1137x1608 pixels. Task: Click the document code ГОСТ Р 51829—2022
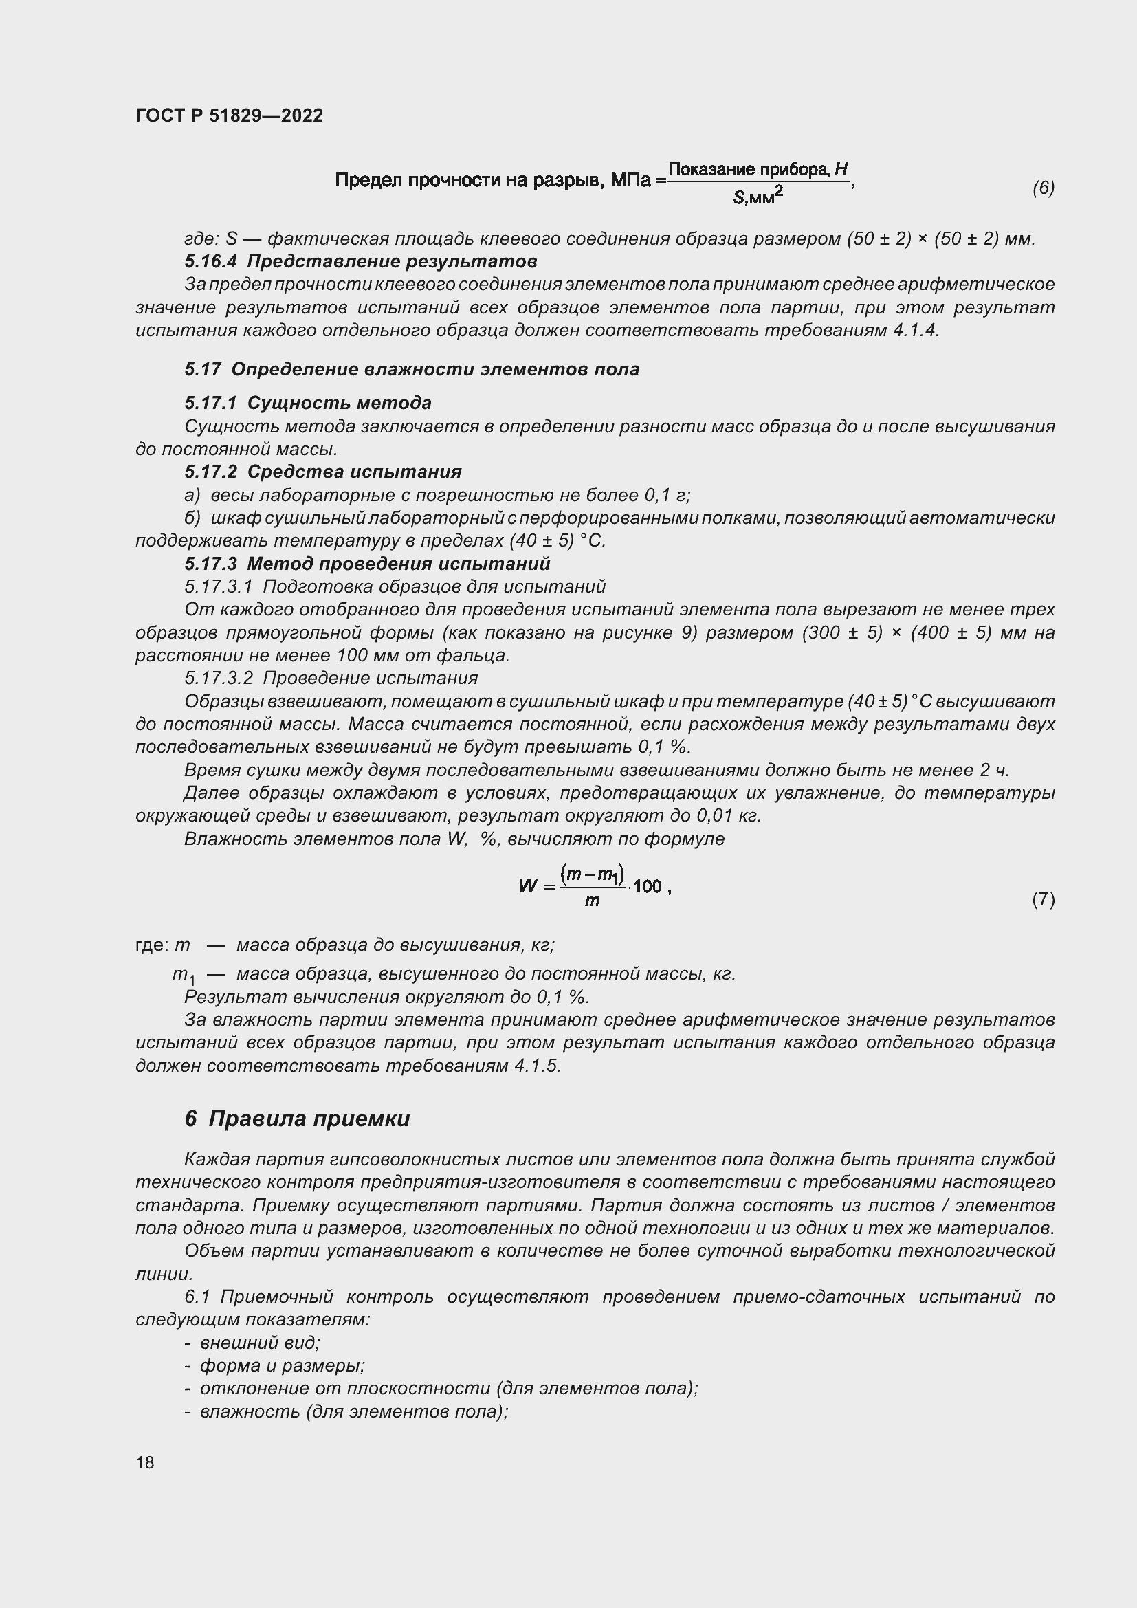coord(229,115)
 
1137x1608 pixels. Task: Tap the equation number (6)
coord(1043,188)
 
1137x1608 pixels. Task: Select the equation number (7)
coord(1043,899)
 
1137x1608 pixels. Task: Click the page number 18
coord(145,1462)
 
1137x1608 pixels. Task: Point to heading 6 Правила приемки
coord(297,1119)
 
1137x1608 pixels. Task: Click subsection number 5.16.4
coord(211,261)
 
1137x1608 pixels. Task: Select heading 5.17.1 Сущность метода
coord(308,403)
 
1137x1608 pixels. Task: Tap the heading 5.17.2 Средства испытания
coord(323,472)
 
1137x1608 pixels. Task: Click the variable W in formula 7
coord(528,886)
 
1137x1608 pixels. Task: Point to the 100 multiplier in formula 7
coord(647,887)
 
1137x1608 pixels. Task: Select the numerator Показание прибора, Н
coord(758,170)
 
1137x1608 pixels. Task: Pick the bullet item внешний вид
coord(259,1343)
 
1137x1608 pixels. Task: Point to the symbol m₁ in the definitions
coord(184,975)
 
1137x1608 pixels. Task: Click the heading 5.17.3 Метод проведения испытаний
coord(368,564)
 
